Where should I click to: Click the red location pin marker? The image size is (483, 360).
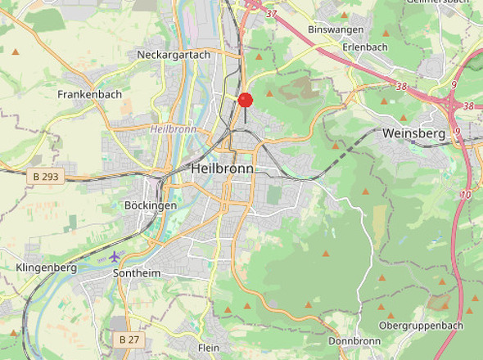click(245, 101)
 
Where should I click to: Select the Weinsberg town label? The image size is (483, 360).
click(413, 133)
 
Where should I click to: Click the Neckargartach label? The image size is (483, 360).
click(174, 55)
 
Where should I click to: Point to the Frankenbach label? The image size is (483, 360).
click(89, 94)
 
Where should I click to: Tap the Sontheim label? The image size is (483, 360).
click(138, 272)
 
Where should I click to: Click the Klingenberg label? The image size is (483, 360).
click(46, 268)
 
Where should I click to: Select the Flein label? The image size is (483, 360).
click(209, 348)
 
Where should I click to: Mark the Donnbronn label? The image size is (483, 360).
click(354, 340)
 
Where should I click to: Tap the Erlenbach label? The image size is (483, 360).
click(364, 47)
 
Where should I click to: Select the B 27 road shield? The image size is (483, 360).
click(129, 339)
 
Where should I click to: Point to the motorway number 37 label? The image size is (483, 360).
click(272, 14)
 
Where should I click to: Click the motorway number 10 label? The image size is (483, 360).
click(466, 195)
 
